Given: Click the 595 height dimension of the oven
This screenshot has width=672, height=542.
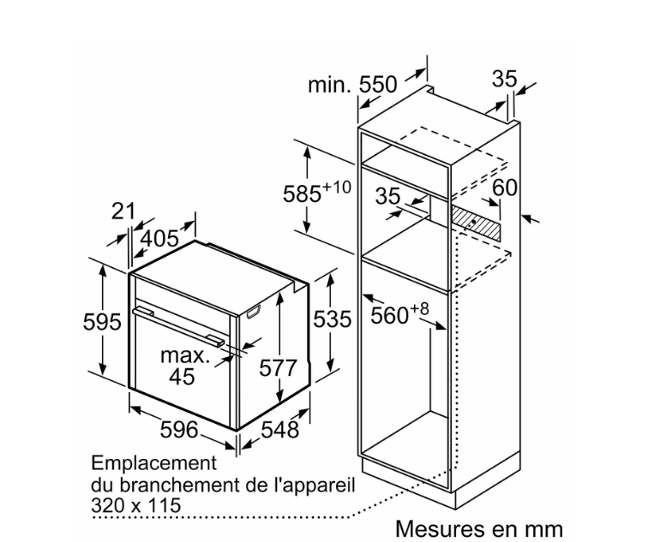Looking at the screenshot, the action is [x=102, y=322].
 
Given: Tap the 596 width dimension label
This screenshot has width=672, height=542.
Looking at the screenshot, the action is [x=179, y=430].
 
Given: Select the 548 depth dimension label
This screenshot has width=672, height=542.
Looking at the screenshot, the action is [x=279, y=430].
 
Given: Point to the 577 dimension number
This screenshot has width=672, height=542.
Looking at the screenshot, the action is [x=278, y=368].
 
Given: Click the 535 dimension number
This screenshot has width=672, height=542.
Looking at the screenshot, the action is [x=333, y=319].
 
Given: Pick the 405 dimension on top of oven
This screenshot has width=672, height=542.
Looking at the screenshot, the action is [x=159, y=238].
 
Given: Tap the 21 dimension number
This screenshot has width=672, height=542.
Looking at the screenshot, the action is [x=123, y=211].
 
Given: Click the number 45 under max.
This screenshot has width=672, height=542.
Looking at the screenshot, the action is [x=182, y=377].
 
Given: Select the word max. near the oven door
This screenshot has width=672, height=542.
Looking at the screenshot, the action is [x=185, y=356].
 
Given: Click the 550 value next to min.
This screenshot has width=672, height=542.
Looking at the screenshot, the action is [x=378, y=84].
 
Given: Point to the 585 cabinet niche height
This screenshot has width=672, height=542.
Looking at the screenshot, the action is [x=302, y=194].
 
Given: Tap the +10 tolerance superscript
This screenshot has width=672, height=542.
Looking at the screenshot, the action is [x=336, y=187].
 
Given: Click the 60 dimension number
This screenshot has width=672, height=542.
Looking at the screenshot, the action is [x=504, y=188].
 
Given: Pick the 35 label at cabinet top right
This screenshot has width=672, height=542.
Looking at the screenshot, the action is [x=504, y=79].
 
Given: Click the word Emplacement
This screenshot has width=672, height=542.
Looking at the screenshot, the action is [x=154, y=463].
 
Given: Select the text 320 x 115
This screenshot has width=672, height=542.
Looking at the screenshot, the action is [x=135, y=505].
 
